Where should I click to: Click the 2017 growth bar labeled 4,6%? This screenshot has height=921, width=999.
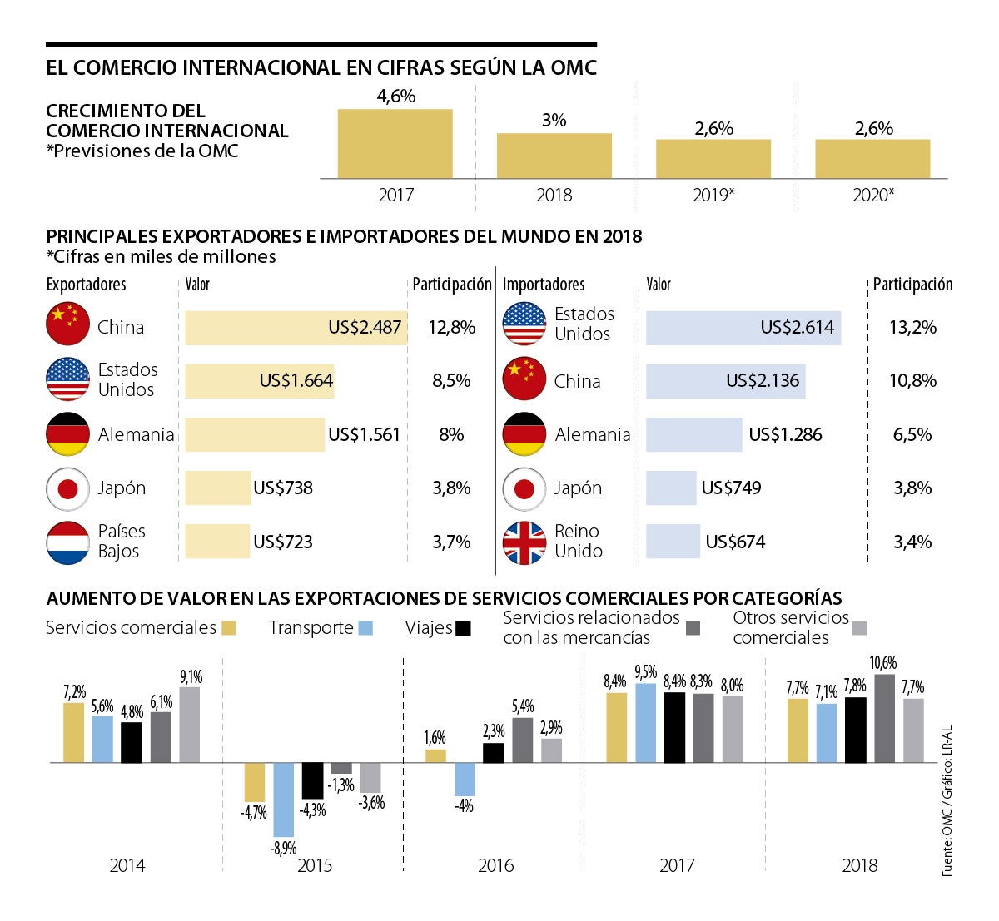[395, 143]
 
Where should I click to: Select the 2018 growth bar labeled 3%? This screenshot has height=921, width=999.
[554, 156]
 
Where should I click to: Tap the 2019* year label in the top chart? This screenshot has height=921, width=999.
[713, 195]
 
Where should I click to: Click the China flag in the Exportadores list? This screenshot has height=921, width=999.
[67, 324]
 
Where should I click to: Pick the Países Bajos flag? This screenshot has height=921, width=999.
[67, 542]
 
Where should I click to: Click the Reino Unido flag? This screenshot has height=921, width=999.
[524, 542]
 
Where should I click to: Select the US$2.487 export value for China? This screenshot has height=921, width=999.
[365, 328]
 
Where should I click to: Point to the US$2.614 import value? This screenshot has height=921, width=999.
[797, 328]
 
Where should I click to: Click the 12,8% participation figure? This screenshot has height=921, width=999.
[451, 328]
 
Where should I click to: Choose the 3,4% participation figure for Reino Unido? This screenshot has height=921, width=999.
[912, 542]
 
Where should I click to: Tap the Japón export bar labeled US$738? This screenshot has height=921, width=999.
[217, 488]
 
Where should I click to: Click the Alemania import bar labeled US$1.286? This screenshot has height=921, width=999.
[693, 435]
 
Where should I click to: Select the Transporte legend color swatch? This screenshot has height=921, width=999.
[365, 628]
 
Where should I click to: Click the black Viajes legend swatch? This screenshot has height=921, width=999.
[464, 628]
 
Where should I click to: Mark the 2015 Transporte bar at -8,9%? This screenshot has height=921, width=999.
[284, 800]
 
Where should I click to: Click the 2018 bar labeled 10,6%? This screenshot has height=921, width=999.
[884, 718]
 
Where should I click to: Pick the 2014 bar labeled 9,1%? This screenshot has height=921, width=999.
[190, 724]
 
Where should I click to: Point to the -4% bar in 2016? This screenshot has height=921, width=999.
[465, 780]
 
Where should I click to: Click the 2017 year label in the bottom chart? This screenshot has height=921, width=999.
[677, 865]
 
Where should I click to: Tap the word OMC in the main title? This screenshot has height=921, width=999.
[574, 67]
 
